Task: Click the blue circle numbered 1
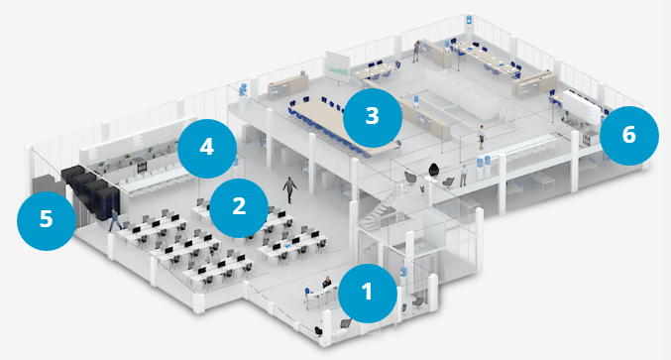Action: click(367, 294)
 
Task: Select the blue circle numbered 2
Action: click(239, 208)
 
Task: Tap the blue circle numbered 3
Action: click(373, 117)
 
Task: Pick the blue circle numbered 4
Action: click(207, 149)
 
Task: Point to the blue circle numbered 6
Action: click(629, 136)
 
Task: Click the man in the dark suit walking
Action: click(289, 189)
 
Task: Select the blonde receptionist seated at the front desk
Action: click(327, 282)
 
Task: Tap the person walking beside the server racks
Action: click(115, 219)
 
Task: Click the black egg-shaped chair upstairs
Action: click(433, 170)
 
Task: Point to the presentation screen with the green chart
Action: click(338, 67)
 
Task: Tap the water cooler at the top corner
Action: click(469, 20)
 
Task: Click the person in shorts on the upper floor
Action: click(482, 138)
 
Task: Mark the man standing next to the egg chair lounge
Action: click(464, 176)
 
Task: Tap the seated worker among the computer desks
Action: click(210, 257)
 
